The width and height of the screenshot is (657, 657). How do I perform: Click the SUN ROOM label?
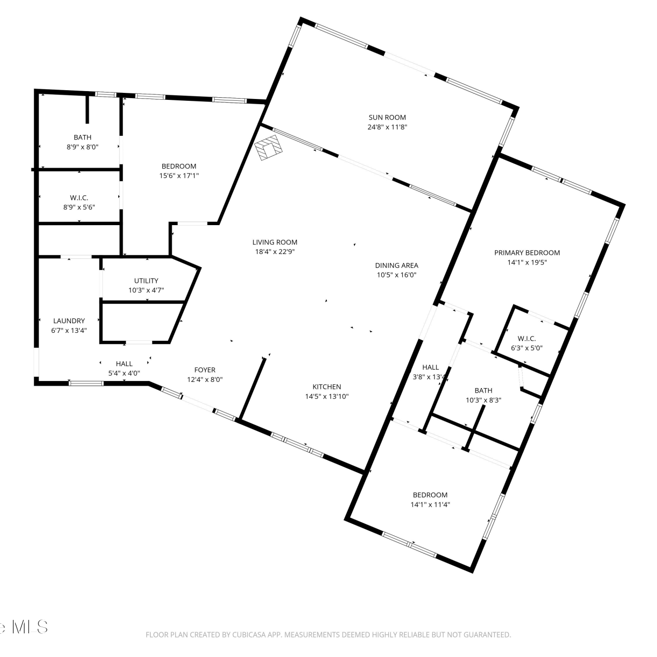point(387,117)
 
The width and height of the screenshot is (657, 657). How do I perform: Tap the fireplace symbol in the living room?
point(269,147)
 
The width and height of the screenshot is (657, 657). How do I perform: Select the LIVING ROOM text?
point(275,242)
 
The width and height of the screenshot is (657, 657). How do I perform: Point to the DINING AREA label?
point(396,265)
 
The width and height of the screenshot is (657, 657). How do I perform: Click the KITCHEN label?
point(327,387)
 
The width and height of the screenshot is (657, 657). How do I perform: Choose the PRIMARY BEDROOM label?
point(527,253)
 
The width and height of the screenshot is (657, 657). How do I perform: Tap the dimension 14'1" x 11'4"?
point(430,505)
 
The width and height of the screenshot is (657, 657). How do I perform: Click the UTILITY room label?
point(146,281)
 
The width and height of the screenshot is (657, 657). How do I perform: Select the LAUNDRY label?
point(69,321)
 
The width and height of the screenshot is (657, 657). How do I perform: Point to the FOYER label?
point(205,370)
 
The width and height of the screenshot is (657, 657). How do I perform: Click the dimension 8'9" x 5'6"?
point(79,208)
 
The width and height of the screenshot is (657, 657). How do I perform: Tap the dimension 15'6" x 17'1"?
point(179,176)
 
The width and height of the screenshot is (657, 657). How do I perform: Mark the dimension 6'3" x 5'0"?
point(526,348)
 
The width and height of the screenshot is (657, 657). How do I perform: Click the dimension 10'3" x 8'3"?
point(484,400)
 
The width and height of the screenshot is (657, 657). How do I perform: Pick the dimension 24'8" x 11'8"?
point(387,127)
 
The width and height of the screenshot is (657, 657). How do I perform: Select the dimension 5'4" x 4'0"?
point(124,374)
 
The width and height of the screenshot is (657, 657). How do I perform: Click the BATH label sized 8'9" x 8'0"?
point(82,138)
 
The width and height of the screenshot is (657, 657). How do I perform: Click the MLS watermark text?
point(30,627)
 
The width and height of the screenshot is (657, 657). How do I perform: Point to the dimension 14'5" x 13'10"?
point(327,397)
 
